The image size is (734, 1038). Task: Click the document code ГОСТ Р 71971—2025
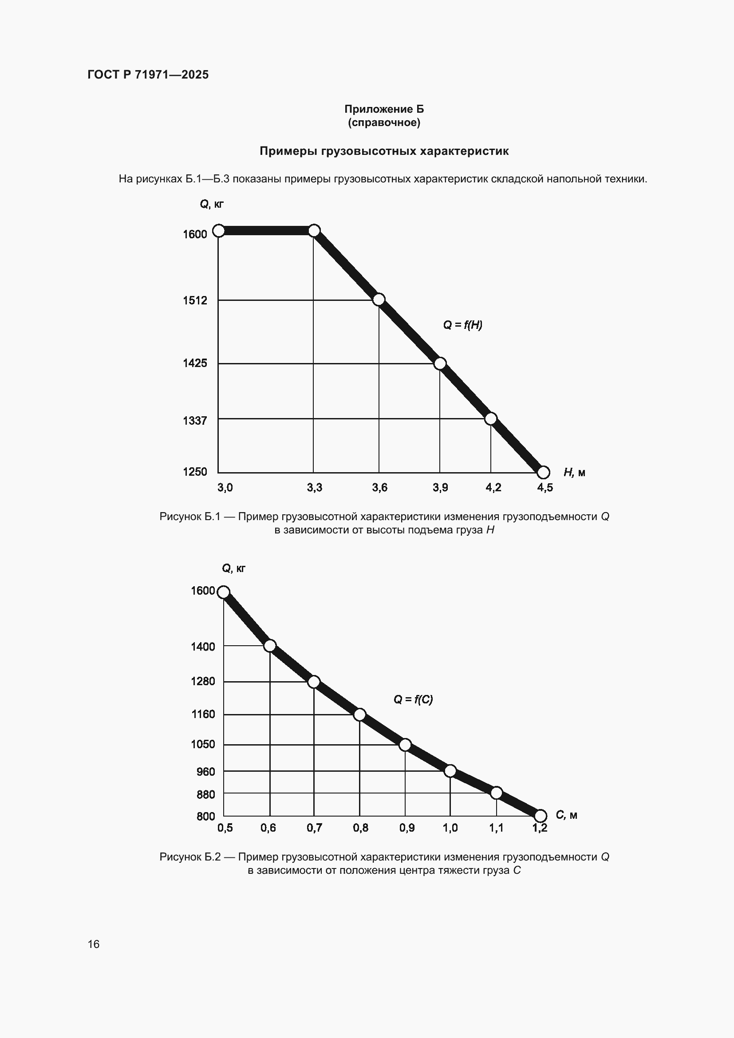[x=148, y=75]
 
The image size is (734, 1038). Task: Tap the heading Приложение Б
[x=384, y=109]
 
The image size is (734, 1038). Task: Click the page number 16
[x=94, y=944]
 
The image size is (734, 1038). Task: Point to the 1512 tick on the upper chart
[x=195, y=300]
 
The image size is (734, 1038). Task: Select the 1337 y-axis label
[x=195, y=421]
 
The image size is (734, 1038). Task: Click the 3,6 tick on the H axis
[x=380, y=487]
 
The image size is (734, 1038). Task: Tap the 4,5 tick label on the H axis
[x=545, y=487]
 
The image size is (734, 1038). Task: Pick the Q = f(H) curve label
[x=462, y=325]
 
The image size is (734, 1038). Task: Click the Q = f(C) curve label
[x=413, y=699]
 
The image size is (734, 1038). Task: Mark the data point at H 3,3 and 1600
[x=314, y=231]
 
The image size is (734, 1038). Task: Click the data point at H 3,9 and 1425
[x=440, y=363]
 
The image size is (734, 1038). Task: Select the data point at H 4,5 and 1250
[x=543, y=473]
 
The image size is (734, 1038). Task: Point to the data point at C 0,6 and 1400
[x=270, y=646]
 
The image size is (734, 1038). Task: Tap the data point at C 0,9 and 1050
[x=406, y=745]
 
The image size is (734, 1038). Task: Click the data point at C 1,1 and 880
[x=496, y=793]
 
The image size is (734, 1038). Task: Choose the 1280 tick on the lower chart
[x=203, y=681]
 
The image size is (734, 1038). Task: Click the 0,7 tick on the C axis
[x=314, y=828]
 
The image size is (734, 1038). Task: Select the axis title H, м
[x=574, y=473]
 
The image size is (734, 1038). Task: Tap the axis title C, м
[x=566, y=815]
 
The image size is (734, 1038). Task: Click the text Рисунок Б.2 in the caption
[x=189, y=856]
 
